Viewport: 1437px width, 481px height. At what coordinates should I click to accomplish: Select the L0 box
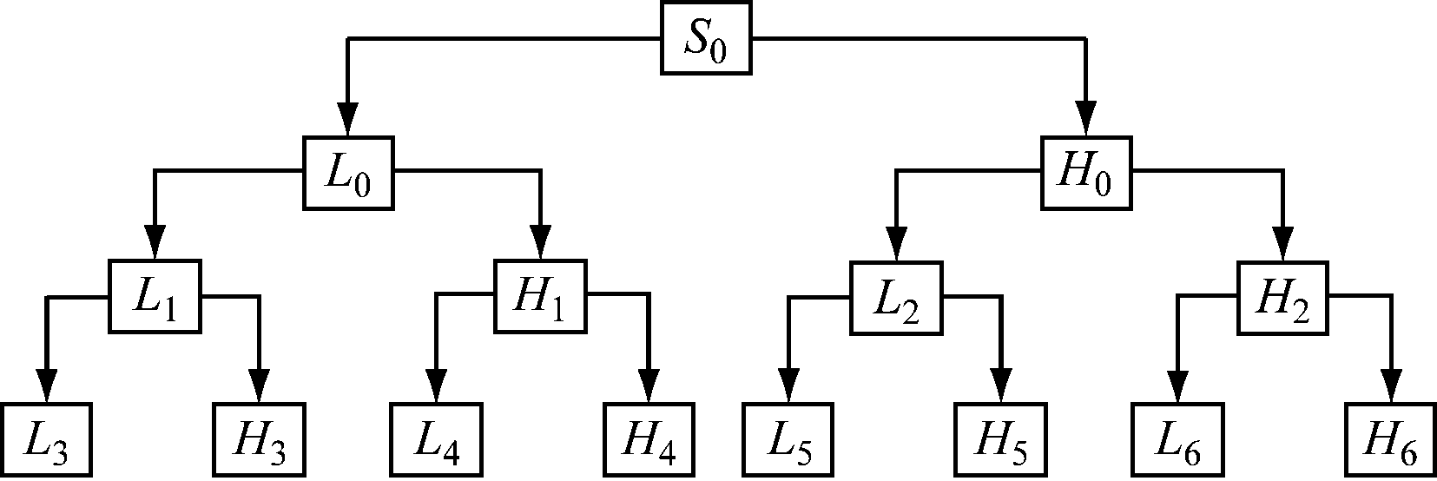click(347, 173)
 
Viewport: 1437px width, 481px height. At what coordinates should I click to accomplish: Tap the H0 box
click(1087, 173)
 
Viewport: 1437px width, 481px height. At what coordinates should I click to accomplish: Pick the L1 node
click(155, 296)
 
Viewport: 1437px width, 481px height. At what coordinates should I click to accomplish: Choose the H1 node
click(540, 296)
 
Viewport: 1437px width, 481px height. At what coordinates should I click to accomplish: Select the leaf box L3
click(46, 440)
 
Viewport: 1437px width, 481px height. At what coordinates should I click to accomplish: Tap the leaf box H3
click(260, 440)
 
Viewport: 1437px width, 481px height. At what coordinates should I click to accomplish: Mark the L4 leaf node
click(434, 440)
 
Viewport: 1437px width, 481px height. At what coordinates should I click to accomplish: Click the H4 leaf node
click(649, 440)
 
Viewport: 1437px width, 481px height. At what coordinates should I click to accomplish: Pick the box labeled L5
click(788, 440)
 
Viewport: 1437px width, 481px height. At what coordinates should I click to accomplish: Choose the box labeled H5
click(1000, 440)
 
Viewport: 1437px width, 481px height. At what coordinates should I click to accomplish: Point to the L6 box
click(1177, 440)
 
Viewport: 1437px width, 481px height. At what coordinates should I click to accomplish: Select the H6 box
click(1391, 440)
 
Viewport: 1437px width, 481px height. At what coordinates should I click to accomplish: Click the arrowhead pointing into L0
click(347, 118)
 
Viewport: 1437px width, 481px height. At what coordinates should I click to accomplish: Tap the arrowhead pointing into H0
click(1086, 118)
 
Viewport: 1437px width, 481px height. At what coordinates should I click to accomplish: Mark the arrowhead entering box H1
click(540, 241)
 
